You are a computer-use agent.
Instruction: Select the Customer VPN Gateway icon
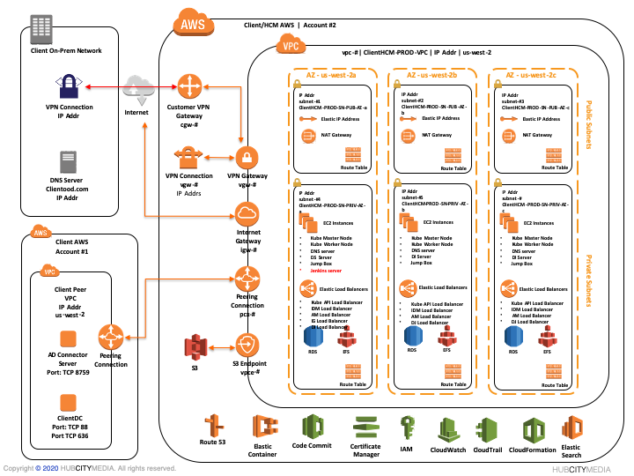(x=189, y=86)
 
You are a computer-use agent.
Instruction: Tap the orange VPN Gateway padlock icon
(x=247, y=158)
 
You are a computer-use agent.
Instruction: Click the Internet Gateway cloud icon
(x=247, y=214)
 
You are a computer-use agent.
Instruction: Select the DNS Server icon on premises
(x=68, y=161)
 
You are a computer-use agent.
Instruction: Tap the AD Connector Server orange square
(x=67, y=338)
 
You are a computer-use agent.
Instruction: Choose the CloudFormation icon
(x=533, y=428)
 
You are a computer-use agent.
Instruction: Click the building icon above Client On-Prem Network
(x=40, y=29)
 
